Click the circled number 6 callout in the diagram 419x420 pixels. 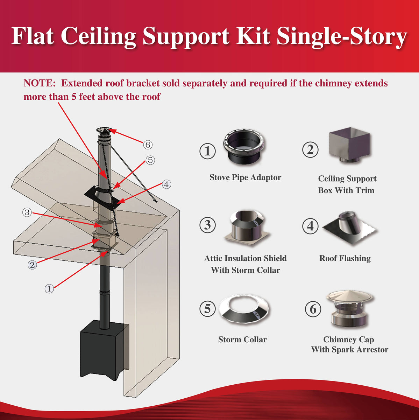point(148,144)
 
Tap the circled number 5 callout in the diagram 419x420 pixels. point(150,160)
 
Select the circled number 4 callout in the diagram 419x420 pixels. point(166,184)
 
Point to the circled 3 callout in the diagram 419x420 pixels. point(27,212)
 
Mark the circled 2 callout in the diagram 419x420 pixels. point(32,265)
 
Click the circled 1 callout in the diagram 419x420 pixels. point(49,289)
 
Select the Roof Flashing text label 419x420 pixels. point(345,258)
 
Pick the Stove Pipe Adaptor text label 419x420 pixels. point(245,177)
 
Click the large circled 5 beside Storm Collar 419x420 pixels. point(207,309)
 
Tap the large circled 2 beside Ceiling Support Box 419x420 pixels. point(310,150)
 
